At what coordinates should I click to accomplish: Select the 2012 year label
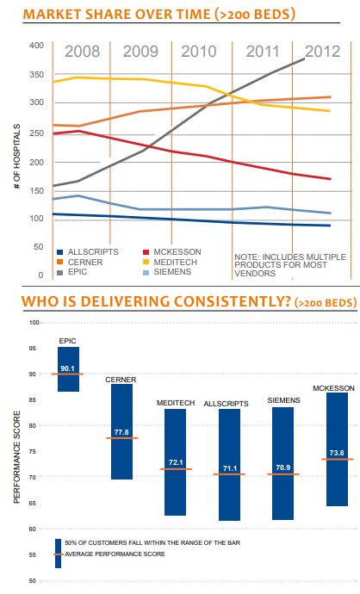[x=322, y=51]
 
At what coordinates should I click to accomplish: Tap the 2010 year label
[x=199, y=51]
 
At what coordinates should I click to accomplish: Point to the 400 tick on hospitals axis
[x=36, y=45]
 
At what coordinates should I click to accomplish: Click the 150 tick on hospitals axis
[x=36, y=189]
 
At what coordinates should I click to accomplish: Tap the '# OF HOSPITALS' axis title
[x=17, y=158]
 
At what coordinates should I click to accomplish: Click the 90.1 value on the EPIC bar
[x=68, y=369]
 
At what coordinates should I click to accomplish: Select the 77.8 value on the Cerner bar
[x=121, y=434]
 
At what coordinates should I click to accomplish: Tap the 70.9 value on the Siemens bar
[x=283, y=469]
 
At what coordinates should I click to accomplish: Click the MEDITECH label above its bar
[x=176, y=403]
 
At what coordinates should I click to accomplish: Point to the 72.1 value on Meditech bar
[x=176, y=463]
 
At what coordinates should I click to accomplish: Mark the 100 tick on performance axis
[x=35, y=323]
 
